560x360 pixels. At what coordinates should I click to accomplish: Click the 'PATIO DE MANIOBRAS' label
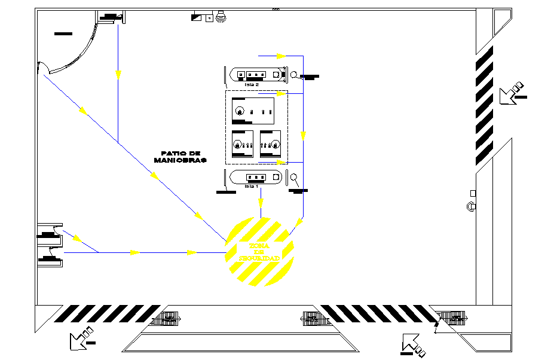point(179,157)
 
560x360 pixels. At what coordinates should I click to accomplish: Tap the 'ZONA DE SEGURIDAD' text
point(259,252)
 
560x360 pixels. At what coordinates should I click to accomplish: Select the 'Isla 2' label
point(252,85)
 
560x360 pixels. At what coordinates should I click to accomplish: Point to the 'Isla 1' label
point(252,187)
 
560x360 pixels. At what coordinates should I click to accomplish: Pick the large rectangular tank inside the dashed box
point(256,110)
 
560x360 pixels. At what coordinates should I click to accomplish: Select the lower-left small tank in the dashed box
point(242,144)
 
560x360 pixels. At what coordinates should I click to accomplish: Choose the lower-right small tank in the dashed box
point(270,144)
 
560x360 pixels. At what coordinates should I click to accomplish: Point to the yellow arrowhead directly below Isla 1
point(261,204)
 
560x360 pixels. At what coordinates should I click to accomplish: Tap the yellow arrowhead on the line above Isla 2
point(281,56)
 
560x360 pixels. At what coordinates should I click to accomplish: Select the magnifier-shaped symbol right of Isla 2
point(294,75)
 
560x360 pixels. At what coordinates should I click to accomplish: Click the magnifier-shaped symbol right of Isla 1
point(294,177)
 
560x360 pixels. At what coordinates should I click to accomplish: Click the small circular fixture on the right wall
point(470,207)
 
